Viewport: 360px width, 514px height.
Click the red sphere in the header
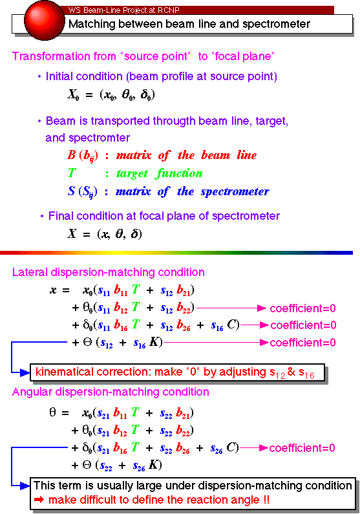tap(45, 20)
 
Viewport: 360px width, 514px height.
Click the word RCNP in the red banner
tap(169, 10)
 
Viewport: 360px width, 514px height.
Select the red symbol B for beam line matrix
tap(71, 155)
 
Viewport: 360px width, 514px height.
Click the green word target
tap(132, 173)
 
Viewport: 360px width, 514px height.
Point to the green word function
tap(180, 173)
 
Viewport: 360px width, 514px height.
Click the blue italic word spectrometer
tap(235, 191)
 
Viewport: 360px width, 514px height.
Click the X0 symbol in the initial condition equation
tap(73, 95)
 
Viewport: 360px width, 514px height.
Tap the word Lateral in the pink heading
tap(30, 272)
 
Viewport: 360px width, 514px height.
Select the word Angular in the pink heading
tap(32, 392)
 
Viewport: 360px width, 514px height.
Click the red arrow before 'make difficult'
tap(39, 500)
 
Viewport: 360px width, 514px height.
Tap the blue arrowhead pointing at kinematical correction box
tap(25, 372)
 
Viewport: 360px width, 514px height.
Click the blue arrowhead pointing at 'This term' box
tap(25, 486)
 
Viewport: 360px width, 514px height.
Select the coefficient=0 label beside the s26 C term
tap(302, 448)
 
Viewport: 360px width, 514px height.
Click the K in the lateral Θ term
tap(154, 342)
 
